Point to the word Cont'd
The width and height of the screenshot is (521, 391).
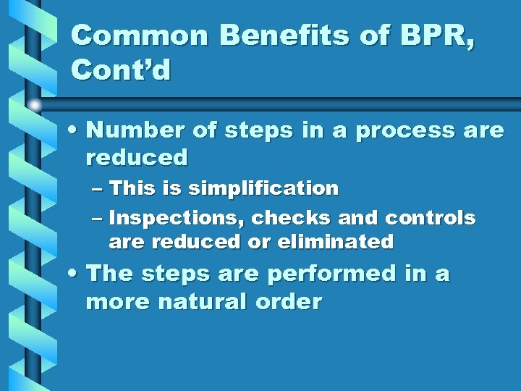click(x=122, y=70)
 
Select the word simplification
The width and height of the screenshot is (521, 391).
click(x=263, y=189)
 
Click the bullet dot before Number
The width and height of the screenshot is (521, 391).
click(x=74, y=131)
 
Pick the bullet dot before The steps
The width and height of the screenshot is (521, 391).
click(x=74, y=274)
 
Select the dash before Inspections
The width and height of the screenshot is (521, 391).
click(x=98, y=219)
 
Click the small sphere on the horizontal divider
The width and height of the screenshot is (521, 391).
click(x=35, y=105)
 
